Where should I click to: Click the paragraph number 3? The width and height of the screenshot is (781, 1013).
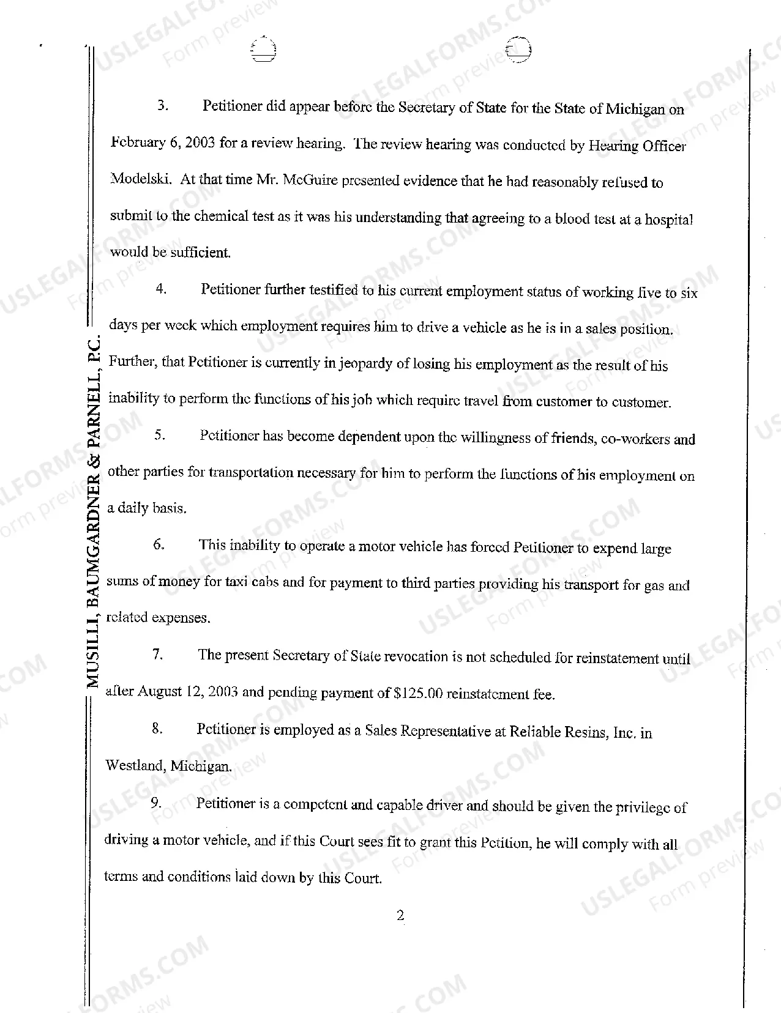tap(162, 105)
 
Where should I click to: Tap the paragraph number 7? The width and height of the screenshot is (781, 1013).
tap(157, 655)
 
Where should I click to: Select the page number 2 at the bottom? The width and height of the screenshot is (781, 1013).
tap(400, 915)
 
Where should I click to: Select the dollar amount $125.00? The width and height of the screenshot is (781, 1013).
tap(419, 694)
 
